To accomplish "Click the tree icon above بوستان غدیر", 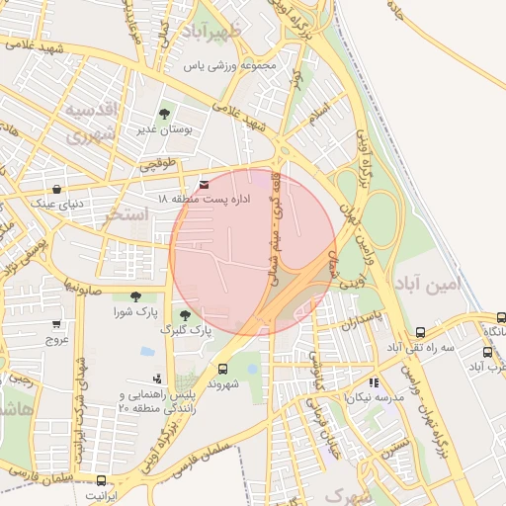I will click(164, 115).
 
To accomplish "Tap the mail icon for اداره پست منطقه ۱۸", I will click(205, 185).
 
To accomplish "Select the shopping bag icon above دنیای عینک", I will click(56, 189).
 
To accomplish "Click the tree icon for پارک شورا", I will click(134, 295).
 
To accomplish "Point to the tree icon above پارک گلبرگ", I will click(185, 314).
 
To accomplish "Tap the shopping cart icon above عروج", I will click(56, 323).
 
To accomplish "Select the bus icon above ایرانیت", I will click(100, 479).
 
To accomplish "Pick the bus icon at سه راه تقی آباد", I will click(420, 333).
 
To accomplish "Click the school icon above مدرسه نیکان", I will click(374, 381).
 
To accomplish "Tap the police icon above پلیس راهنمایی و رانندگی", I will click(156, 378).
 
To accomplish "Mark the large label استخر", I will click(127, 213).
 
